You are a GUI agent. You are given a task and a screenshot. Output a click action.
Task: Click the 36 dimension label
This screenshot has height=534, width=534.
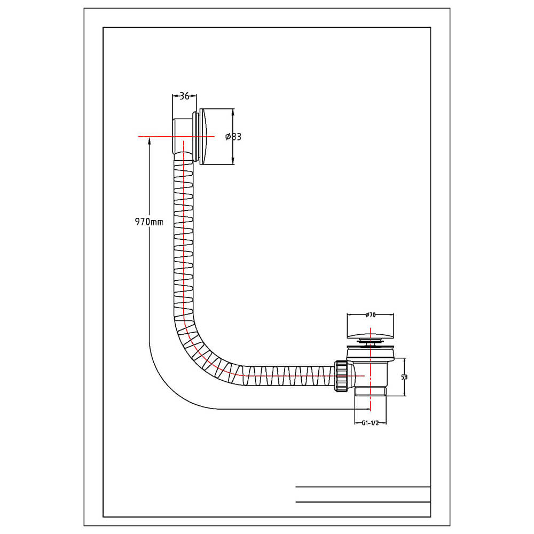tap(184, 96)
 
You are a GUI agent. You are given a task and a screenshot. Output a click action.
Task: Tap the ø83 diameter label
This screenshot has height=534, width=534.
tap(233, 137)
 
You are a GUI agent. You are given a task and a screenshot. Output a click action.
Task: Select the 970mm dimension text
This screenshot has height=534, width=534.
tap(149, 222)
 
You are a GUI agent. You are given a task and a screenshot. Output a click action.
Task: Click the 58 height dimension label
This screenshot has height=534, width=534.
tap(404, 377)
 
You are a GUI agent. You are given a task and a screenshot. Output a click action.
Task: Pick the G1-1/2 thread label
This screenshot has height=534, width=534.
tap(370, 423)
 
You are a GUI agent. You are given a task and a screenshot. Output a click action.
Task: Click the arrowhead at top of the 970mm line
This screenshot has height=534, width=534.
tap(150, 141)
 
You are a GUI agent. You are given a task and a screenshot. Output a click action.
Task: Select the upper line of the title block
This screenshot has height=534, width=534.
tap(363, 487)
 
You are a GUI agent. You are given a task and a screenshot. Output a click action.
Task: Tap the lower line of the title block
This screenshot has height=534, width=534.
tap(363, 502)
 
